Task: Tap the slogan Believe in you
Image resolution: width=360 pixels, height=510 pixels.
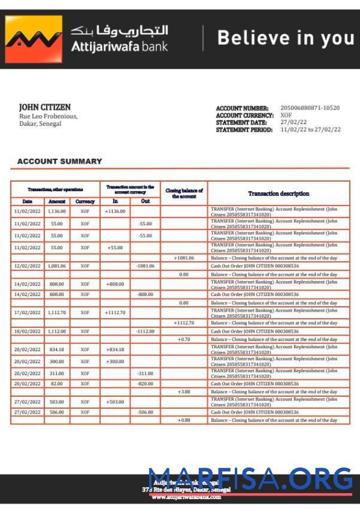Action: click(285, 38)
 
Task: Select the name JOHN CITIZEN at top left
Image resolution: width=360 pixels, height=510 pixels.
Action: click(44, 107)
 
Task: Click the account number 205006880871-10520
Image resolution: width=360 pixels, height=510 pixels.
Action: click(310, 108)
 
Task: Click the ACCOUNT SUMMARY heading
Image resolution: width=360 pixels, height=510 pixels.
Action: click(59, 161)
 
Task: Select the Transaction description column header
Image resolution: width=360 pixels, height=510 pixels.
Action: click(279, 194)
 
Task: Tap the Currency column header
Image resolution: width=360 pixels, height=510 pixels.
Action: click(85, 201)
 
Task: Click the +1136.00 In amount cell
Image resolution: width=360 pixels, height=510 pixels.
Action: click(115, 212)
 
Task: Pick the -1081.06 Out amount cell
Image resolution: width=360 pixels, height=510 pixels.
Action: click(145, 265)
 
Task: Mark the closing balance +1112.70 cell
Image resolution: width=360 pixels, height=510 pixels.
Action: click(184, 323)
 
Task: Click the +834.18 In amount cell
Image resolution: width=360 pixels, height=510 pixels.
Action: click(115, 349)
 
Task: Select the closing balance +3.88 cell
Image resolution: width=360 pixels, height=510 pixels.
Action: click(184, 391)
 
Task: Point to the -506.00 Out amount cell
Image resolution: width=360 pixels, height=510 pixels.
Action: click(145, 412)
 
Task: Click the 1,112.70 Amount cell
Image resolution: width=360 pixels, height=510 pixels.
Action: click(57, 313)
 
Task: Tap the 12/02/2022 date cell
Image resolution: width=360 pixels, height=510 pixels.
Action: click(27, 265)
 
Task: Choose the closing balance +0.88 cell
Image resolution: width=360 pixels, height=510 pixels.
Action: click(184, 420)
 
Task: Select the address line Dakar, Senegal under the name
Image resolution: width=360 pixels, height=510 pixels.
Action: click(40, 123)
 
